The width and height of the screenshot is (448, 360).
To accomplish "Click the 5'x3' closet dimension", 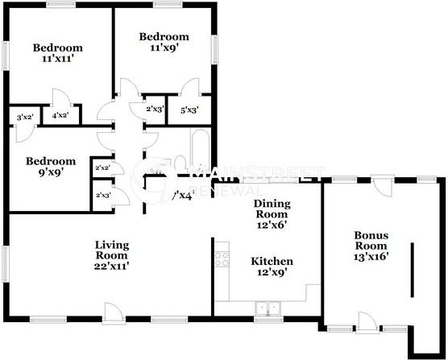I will coord(189,110).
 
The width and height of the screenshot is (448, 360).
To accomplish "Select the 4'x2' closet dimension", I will coord(60,116).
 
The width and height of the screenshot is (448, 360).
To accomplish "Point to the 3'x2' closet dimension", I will coord(24,118).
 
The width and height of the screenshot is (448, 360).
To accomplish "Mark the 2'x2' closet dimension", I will coord(102,168).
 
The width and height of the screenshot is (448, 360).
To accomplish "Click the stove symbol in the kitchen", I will coord(219,259).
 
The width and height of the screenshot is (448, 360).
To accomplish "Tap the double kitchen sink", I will coord(267,308).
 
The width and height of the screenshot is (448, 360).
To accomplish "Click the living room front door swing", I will coord(114,310).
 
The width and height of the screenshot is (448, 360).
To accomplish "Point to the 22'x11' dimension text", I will coord(112,265).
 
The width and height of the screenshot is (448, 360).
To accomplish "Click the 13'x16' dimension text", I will coord(371,257).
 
